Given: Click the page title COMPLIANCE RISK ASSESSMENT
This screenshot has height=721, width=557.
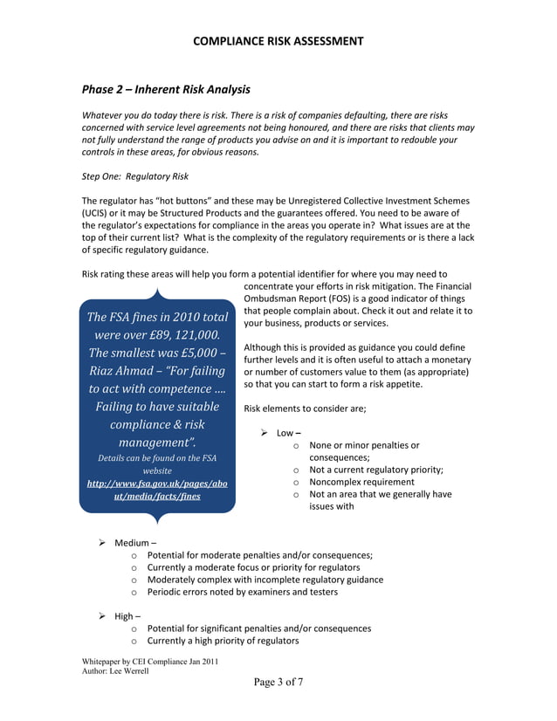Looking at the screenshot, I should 278,41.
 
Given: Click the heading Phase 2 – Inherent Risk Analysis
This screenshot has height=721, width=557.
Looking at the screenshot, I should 166,89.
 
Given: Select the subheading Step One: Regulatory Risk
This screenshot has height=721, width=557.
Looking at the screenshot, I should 134,176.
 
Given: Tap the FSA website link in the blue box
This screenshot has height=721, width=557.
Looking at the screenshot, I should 157,489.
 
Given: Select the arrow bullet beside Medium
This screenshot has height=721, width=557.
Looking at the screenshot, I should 102,542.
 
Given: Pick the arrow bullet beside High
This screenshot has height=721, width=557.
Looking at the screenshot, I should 102,616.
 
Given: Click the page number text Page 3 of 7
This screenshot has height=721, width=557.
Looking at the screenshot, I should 278,683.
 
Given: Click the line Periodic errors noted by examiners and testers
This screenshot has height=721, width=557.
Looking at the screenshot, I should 242,592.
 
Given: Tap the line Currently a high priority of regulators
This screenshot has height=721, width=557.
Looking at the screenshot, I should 223,641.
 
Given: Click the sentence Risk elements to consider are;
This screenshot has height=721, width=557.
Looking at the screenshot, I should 305,409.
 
